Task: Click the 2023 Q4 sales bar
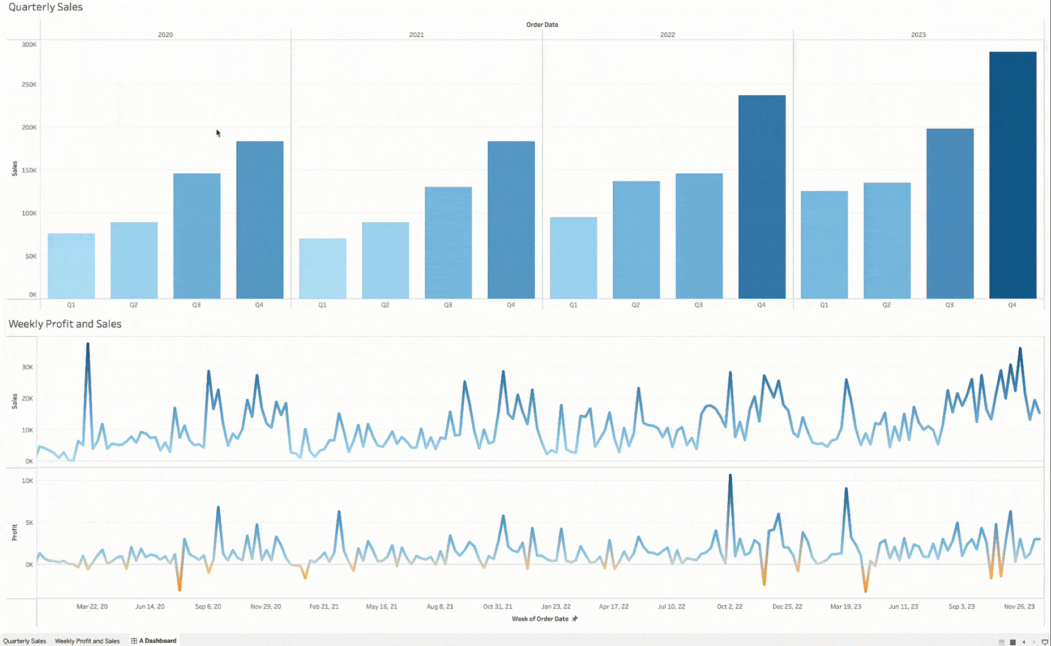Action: (x=1012, y=176)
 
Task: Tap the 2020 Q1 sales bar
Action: (x=71, y=266)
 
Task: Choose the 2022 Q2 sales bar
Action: (x=636, y=240)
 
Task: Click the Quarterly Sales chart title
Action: (x=45, y=7)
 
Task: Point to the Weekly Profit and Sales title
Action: (x=65, y=324)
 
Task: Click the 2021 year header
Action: (x=416, y=35)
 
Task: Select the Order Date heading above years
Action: (x=542, y=24)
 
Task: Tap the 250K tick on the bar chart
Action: (x=29, y=84)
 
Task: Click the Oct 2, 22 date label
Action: (x=729, y=606)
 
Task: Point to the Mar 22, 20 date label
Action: (x=92, y=606)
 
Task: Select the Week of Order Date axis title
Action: (x=540, y=619)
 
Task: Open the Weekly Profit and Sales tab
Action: (x=87, y=641)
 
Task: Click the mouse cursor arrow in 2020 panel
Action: (x=218, y=133)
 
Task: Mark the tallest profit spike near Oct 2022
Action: (x=730, y=476)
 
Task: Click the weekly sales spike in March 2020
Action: (x=88, y=345)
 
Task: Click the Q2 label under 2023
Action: (x=886, y=305)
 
